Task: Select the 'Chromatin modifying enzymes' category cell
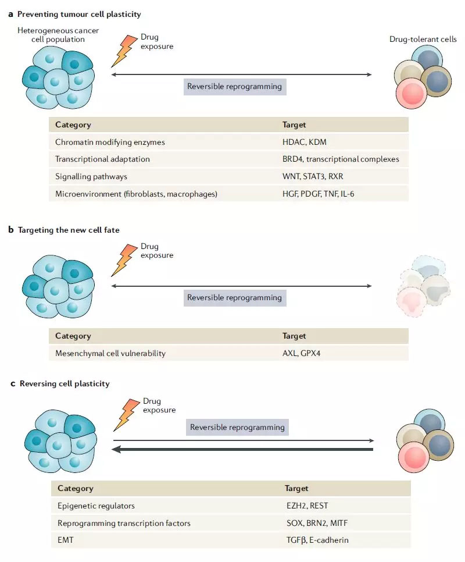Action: click(x=110, y=142)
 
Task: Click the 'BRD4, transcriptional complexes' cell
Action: click(x=341, y=159)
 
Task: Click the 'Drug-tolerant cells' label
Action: click(x=423, y=40)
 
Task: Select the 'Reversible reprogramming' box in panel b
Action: click(x=234, y=297)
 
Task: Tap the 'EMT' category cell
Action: click(x=66, y=540)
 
